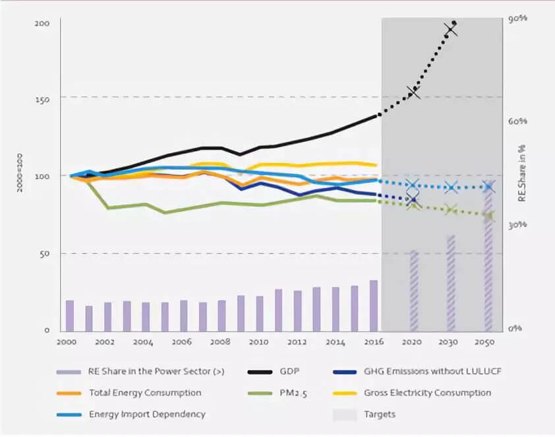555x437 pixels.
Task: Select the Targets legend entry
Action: tap(379, 414)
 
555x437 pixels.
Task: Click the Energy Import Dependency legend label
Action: tap(147, 414)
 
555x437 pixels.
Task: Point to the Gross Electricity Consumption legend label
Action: tap(427, 392)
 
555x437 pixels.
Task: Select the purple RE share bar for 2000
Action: tap(69, 316)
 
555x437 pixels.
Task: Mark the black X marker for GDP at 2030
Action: tap(452, 30)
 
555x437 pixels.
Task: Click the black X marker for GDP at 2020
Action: tap(413, 92)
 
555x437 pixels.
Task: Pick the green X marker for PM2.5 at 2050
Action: tap(489, 216)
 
